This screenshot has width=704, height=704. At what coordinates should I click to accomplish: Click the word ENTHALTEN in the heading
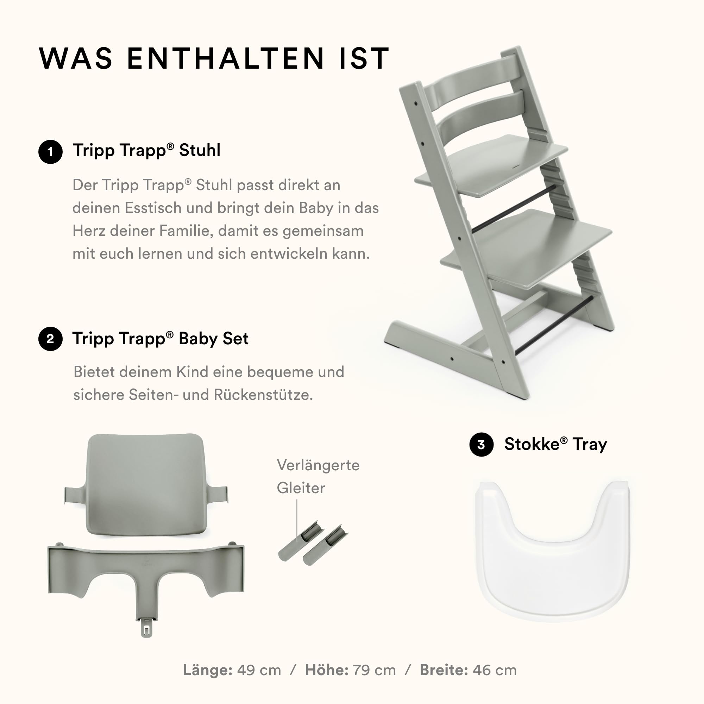pyautogui.click(x=226, y=58)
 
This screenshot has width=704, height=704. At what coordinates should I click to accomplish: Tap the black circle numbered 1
pyautogui.click(x=50, y=152)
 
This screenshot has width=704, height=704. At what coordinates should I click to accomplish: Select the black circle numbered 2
pyautogui.click(x=50, y=339)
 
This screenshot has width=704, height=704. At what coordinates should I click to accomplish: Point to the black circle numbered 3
pyautogui.click(x=481, y=445)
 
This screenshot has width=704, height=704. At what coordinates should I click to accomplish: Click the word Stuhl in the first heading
pyautogui.click(x=200, y=150)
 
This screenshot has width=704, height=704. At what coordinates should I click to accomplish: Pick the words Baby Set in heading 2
pyautogui.click(x=214, y=339)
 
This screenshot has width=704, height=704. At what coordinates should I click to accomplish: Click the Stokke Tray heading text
pyautogui.click(x=556, y=444)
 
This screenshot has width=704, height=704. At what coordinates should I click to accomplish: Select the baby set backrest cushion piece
pyautogui.click(x=146, y=485)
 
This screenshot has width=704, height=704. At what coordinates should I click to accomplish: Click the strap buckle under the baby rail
pyautogui.click(x=146, y=629)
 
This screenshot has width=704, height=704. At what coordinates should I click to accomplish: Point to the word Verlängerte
pyautogui.click(x=318, y=465)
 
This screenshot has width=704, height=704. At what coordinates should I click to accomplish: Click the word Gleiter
pyautogui.click(x=301, y=488)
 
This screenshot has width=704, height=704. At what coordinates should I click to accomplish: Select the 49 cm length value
pyautogui.click(x=259, y=670)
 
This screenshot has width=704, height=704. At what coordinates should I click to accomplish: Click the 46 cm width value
pyautogui.click(x=495, y=670)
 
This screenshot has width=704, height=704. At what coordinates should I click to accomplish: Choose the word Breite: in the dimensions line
pyautogui.click(x=444, y=670)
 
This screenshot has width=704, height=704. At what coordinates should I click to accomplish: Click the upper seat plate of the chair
pyautogui.click(x=491, y=166)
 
